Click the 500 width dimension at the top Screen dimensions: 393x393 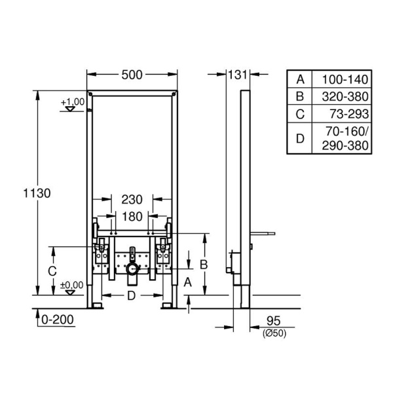click(132, 75)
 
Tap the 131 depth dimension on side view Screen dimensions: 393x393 click(236, 75)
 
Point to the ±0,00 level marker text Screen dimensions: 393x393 click(72, 285)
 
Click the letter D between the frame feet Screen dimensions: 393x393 click(131, 296)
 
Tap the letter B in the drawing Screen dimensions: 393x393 click(204, 264)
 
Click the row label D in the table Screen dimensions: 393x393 click(300, 137)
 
